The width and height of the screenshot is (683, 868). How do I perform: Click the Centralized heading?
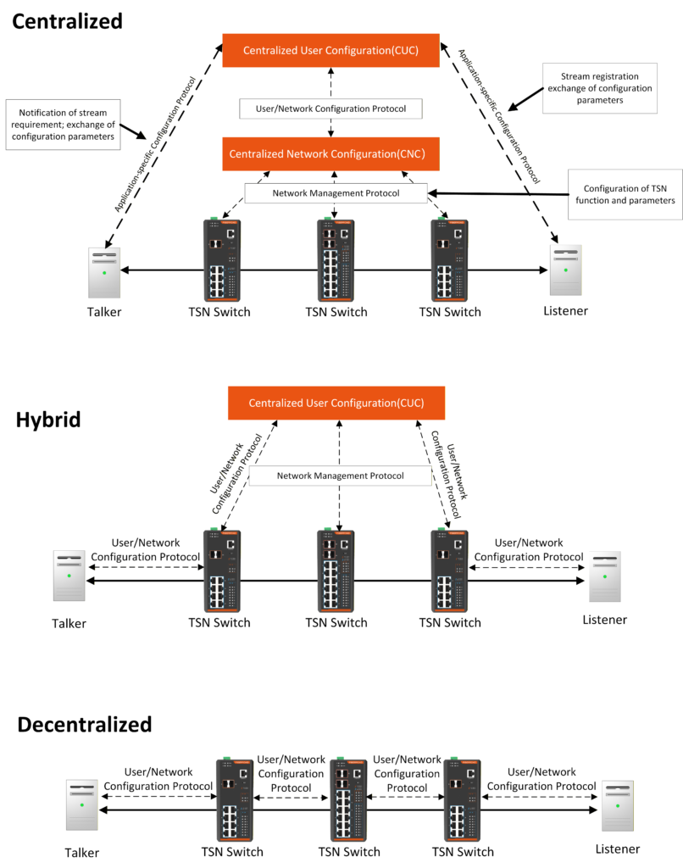[x=68, y=20]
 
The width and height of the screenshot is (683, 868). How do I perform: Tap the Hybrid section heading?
[x=47, y=420]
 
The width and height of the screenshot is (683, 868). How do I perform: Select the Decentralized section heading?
[x=85, y=725]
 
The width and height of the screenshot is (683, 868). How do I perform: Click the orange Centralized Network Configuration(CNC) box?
[x=331, y=154]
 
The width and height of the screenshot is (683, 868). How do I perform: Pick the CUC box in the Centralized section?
[x=330, y=51]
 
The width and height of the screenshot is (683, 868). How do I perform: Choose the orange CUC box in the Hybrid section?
[x=336, y=403]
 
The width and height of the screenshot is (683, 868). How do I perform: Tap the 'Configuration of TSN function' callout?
[x=625, y=194]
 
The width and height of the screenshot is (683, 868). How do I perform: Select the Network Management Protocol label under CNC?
[x=336, y=193]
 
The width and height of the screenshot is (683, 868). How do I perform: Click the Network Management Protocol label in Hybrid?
[x=340, y=476]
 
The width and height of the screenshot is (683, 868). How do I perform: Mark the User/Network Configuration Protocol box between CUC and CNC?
[x=330, y=108]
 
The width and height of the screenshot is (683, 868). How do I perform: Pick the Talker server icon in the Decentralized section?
[x=81, y=804]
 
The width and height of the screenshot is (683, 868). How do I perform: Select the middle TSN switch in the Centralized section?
[x=336, y=259]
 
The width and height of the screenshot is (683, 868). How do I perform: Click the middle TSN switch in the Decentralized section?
[x=347, y=798]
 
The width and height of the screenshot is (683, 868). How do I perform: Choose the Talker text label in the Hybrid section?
[x=69, y=624]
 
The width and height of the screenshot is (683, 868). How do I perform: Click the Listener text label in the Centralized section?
[x=565, y=311]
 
